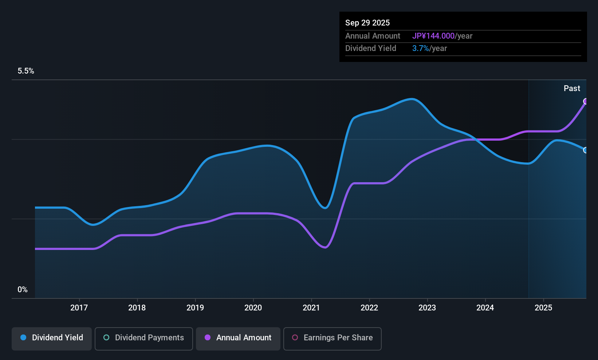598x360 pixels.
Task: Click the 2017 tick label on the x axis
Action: pos(79,308)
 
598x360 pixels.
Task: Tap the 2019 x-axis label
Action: pos(195,308)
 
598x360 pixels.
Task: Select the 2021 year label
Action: pos(311,308)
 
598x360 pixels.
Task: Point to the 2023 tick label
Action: pos(427,308)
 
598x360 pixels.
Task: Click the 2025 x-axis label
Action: pos(543,308)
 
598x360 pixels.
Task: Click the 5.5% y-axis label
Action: pos(26,71)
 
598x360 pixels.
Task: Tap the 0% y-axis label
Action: pos(23,290)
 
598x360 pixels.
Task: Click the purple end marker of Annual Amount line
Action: pos(586,101)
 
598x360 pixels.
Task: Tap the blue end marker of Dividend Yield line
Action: pos(586,150)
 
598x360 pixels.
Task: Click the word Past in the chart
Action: pos(572,89)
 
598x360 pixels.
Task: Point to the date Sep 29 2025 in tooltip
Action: pos(367,23)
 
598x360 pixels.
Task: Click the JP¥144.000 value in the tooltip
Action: pos(433,36)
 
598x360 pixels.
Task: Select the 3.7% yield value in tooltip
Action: pos(420,48)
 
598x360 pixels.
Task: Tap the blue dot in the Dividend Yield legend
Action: pos(23,338)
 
